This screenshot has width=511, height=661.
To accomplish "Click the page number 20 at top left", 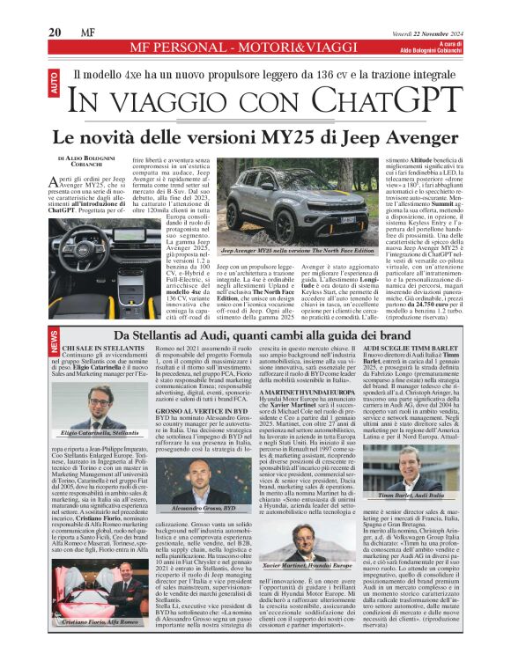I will coord(55,32).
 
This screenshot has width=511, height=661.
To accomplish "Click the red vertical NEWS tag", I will coord(55,339).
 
